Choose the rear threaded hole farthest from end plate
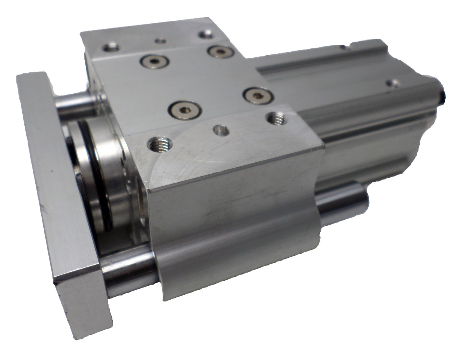(x=205, y=34)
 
